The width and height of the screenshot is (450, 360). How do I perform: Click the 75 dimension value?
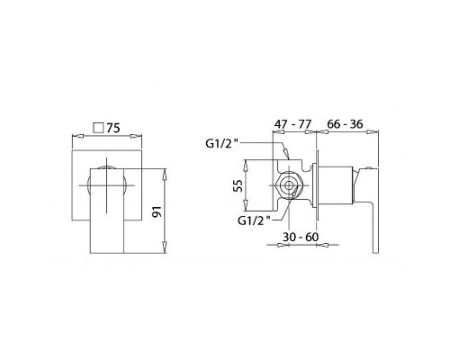click(113, 128)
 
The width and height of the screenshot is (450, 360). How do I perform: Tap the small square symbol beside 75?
click(98, 128)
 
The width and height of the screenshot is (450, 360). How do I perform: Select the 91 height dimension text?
click(157, 211)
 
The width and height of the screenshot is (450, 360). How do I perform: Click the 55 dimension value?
click(238, 185)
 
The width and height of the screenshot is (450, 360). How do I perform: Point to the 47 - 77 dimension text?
click(293, 124)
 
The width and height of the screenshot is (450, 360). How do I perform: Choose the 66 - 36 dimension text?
click(345, 124)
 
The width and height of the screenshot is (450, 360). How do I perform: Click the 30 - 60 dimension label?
click(301, 237)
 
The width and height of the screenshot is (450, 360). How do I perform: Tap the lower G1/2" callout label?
click(254, 220)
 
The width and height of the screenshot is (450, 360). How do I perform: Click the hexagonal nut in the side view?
click(288, 185)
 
